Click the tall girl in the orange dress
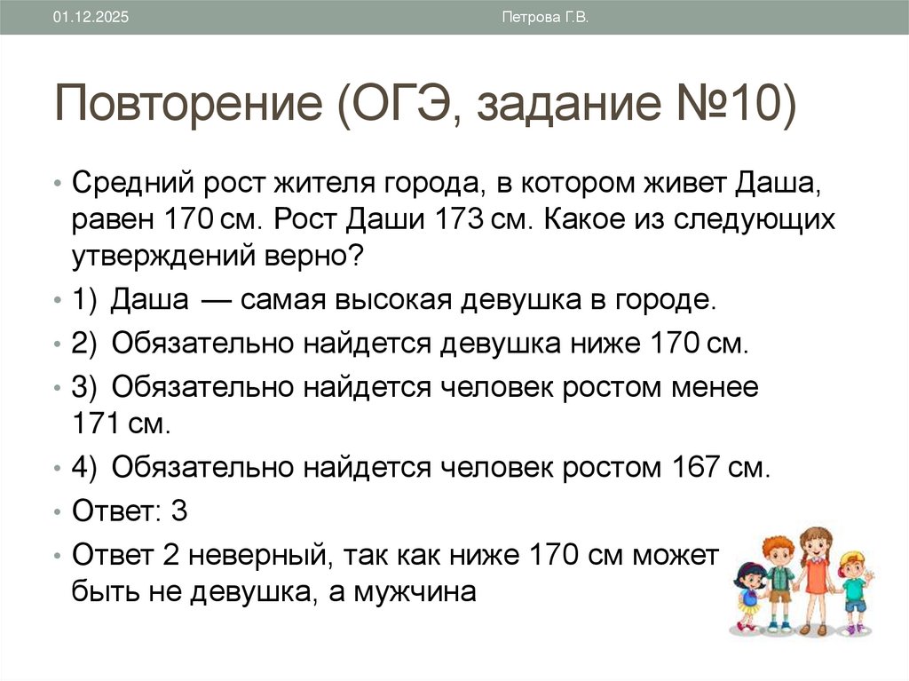point(814,577)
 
